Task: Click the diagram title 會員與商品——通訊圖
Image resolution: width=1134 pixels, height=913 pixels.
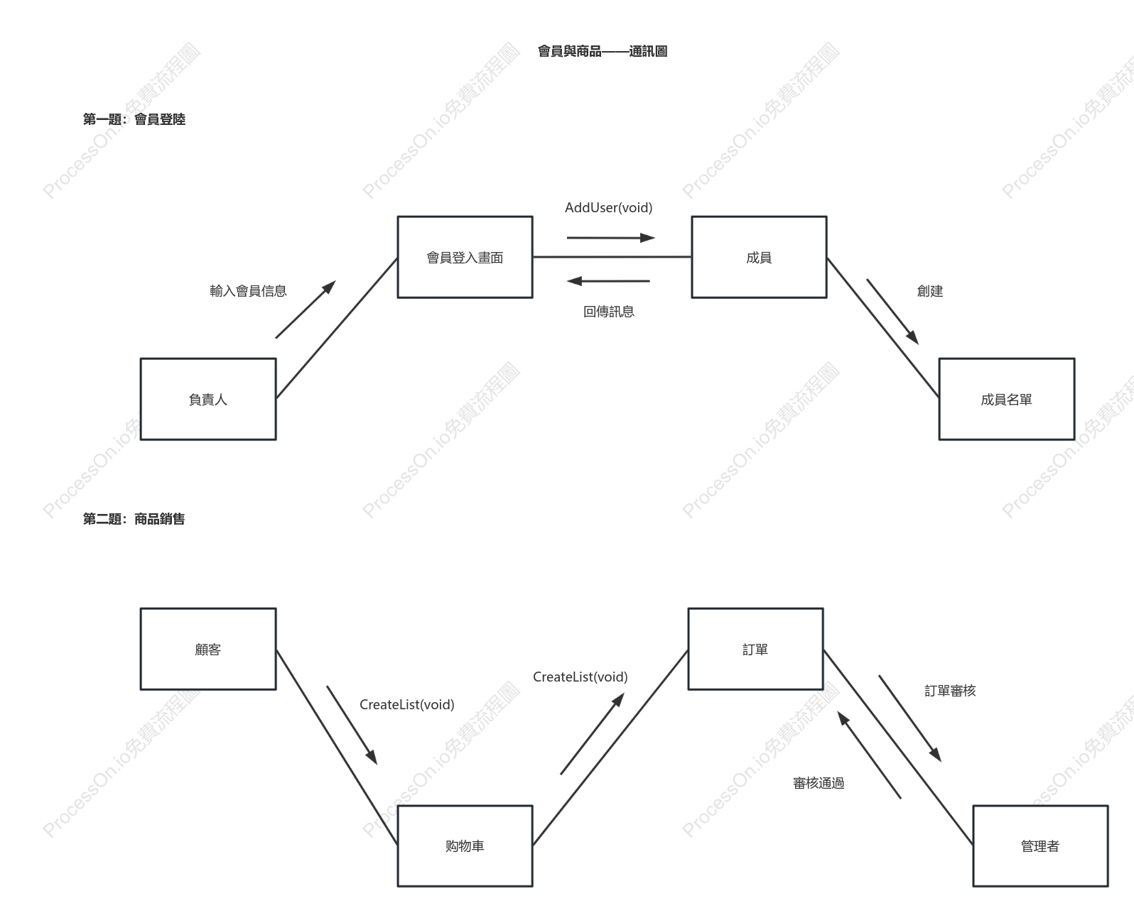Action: pos(603,51)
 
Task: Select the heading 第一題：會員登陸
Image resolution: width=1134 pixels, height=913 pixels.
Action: pos(134,119)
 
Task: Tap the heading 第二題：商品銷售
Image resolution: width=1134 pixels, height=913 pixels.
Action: pos(134,519)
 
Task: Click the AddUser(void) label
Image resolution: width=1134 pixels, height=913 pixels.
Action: pos(609,208)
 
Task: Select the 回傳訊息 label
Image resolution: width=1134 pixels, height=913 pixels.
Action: pos(609,312)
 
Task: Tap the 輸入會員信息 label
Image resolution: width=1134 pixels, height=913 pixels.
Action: pos(248,290)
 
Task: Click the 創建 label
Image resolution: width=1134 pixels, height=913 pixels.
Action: pos(930,290)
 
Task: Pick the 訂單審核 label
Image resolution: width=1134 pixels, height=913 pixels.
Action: pos(950,691)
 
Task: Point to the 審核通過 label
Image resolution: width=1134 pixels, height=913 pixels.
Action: pos(819,784)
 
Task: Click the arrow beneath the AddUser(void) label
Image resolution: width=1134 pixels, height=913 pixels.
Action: pos(611,238)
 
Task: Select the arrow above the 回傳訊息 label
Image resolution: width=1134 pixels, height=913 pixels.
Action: pos(608,281)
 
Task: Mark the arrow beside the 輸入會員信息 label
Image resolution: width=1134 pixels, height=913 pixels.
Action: pos(306,309)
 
